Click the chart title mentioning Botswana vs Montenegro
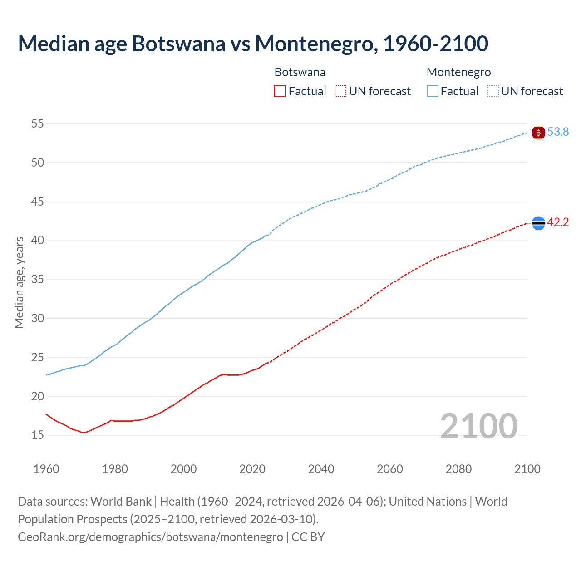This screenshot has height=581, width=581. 253,44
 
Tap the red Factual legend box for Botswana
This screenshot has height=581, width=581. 280,91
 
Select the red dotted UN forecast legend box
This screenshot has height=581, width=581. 340,91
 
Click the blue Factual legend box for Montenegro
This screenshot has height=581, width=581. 433,91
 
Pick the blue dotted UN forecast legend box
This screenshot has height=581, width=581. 493,91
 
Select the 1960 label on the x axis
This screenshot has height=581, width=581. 46,469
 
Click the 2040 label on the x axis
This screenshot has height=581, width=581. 321,469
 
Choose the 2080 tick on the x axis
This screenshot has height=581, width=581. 458,469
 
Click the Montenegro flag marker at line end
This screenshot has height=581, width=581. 538,133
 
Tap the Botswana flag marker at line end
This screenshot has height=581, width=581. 538,223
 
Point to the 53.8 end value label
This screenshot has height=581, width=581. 558,132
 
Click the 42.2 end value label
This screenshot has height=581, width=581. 558,222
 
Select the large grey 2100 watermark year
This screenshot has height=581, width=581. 478,426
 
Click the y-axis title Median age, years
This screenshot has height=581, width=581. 19,282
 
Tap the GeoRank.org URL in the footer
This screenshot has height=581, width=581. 150,537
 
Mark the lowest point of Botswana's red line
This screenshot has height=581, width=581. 84,433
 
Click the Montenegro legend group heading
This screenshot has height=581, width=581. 458,72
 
